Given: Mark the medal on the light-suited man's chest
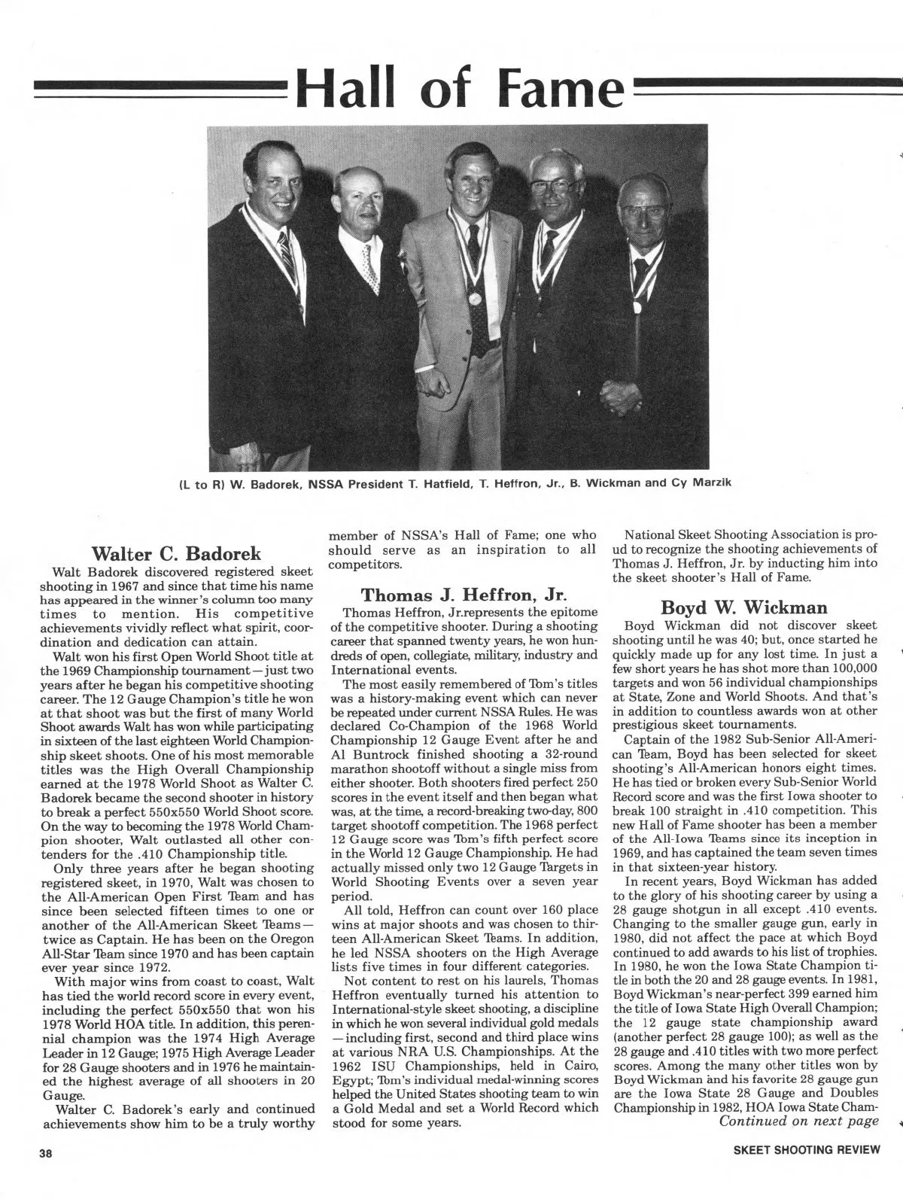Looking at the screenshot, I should click(x=476, y=297).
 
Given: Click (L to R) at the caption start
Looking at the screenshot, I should click(x=198, y=483).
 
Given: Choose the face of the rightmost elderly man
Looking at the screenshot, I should click(x=645, y=224).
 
